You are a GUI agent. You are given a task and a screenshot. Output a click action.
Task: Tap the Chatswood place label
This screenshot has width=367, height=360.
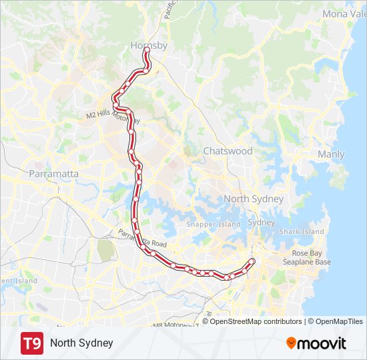click(228, 151)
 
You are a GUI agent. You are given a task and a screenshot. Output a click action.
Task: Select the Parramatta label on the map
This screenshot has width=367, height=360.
click(54, 174)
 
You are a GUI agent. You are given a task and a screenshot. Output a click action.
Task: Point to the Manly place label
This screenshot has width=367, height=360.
click(331, 155)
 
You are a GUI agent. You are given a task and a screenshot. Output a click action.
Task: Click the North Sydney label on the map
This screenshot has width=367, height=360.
click(254, 199)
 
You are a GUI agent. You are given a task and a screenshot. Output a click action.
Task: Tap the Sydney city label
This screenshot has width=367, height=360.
click(261, 223)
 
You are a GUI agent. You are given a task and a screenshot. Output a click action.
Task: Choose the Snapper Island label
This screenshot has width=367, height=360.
click(214, 225)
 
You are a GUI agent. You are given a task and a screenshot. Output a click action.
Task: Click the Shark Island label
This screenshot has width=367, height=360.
click(301, 232)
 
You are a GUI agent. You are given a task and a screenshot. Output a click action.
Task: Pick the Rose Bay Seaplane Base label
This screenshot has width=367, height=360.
click(311, 257)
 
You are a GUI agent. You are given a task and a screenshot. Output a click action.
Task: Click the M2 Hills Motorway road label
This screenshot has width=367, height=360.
click(113, 117)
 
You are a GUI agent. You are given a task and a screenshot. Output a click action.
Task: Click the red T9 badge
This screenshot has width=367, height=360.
click(31, 343)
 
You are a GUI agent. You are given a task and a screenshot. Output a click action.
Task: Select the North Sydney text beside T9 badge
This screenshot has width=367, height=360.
click(81, 343)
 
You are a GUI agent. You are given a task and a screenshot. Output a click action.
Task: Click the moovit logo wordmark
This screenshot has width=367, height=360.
click(322, 343)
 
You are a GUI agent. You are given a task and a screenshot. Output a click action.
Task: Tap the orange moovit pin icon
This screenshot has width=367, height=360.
click(292, 343)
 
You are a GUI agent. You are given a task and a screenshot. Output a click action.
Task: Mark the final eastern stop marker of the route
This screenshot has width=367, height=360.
click(252, 260)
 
